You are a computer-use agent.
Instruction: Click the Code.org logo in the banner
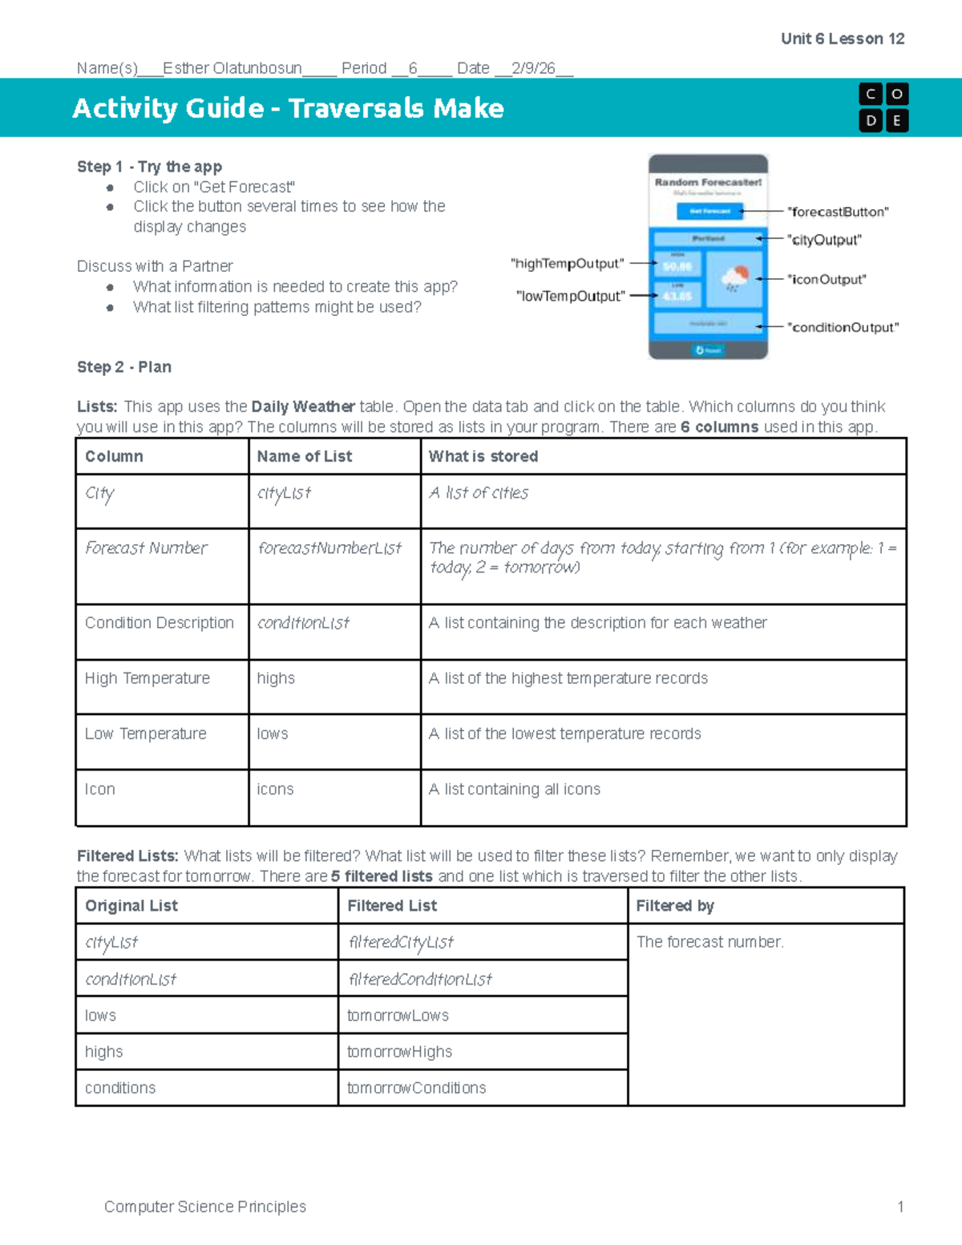coord(883,107)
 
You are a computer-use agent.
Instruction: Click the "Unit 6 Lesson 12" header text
coord(842,38)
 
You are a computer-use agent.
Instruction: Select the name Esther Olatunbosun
coord(232,68)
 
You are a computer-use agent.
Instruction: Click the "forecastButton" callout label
coord(838,212)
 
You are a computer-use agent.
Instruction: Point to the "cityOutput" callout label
coord(824,240)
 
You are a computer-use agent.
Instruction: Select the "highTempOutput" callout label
coord(567,264)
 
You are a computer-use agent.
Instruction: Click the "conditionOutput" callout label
coord(843,327)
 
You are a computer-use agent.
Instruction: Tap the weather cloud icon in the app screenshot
coord(734,278)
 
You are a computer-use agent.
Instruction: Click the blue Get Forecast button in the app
coord(709,211)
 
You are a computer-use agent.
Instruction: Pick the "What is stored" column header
coord(483,456)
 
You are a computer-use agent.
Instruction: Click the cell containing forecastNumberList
coord(329,548)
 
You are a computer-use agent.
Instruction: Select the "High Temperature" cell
coord(148,678)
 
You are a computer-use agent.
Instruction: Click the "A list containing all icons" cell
coord(514,790)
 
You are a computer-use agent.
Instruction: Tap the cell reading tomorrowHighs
coord(399,1052)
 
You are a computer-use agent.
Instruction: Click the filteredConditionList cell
coord(420,980)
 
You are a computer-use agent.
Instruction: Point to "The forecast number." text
coord(709,942)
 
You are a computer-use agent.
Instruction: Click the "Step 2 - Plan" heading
coord(124,367)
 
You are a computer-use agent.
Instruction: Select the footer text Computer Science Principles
coord(205,1207)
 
